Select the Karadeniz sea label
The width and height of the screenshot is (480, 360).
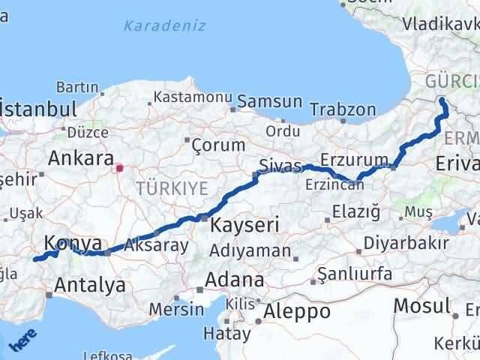[x=165, y=26]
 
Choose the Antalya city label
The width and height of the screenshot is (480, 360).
[x=90, y=285]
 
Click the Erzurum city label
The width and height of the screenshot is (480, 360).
[x=346, y=160]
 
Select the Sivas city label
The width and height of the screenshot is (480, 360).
[x=280, y=165]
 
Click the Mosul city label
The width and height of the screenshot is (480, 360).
[x=424, y=307]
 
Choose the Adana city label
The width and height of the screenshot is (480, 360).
[x=237, y=280]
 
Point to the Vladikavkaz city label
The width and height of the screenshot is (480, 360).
[x=439, y=25]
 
